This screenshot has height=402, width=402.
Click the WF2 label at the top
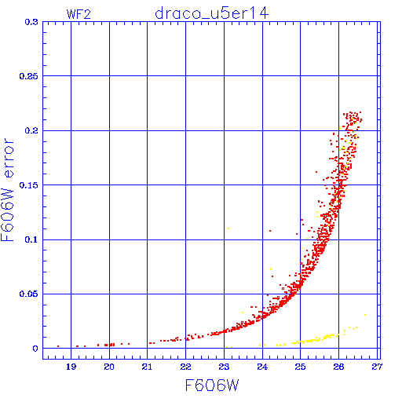[79, 14]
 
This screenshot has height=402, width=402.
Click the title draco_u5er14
[212, 13]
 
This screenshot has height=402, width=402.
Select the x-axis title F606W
[212, 386]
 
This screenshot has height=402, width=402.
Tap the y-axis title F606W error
[7, 190]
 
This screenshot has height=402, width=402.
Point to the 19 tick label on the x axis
[71, 367]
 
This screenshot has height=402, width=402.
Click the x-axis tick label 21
[147, 367]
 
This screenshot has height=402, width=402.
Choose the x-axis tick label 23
[224, 367]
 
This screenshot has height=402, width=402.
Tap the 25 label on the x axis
[300, 367]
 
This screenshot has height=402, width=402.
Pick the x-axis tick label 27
[377, 367]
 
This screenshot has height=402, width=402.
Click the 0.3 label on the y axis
[31, 22]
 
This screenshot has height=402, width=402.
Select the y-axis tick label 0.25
[29, 76]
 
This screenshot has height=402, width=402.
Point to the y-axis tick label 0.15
[29, 185]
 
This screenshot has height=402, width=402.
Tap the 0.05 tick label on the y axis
[29, 294]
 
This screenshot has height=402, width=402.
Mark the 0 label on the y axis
[35, 349]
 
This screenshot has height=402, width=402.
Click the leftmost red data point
[58, 346]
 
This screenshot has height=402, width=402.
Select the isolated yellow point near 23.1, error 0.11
[228, 228]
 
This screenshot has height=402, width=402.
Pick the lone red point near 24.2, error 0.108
[270, 231]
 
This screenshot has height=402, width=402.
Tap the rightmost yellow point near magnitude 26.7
[365, 315]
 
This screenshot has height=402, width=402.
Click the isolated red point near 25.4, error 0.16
[316, 172]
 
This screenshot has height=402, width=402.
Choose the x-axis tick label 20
[109, 367]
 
